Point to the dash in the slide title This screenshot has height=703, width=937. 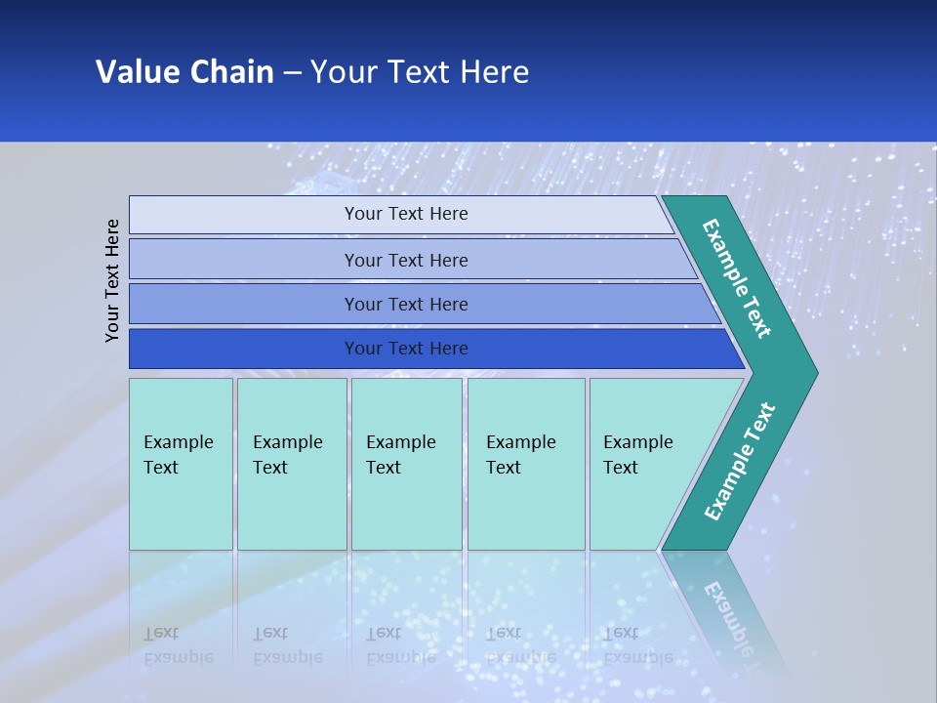tap(292, 73)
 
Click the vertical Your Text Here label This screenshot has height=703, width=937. tap(112, 280)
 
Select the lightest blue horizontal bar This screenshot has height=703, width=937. tap(405, 214)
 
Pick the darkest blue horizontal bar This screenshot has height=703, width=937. tap(405, 349)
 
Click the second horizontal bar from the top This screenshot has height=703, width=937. tap(405, 260)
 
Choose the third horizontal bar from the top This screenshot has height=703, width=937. tap(405, 304)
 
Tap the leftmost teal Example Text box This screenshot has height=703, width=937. tap(181, 464)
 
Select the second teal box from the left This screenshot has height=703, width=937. tap(291, 464)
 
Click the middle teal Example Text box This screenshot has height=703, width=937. tap(406, 464)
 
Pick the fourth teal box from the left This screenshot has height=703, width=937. tap(525, 464)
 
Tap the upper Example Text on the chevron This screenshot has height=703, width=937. tap(737, 278)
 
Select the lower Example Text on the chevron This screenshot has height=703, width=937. tap(739, 462)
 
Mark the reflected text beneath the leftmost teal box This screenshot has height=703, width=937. tap(178, 645)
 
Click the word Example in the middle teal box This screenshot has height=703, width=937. tap(400, 442)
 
